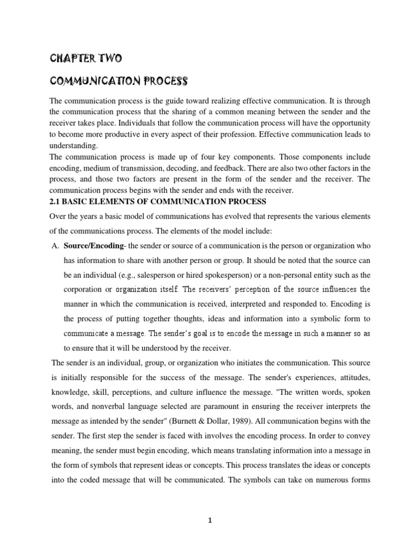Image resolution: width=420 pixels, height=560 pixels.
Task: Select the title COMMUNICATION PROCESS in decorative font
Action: tap(119, 81)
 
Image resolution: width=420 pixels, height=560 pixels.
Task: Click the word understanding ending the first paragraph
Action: tap(74, 146)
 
